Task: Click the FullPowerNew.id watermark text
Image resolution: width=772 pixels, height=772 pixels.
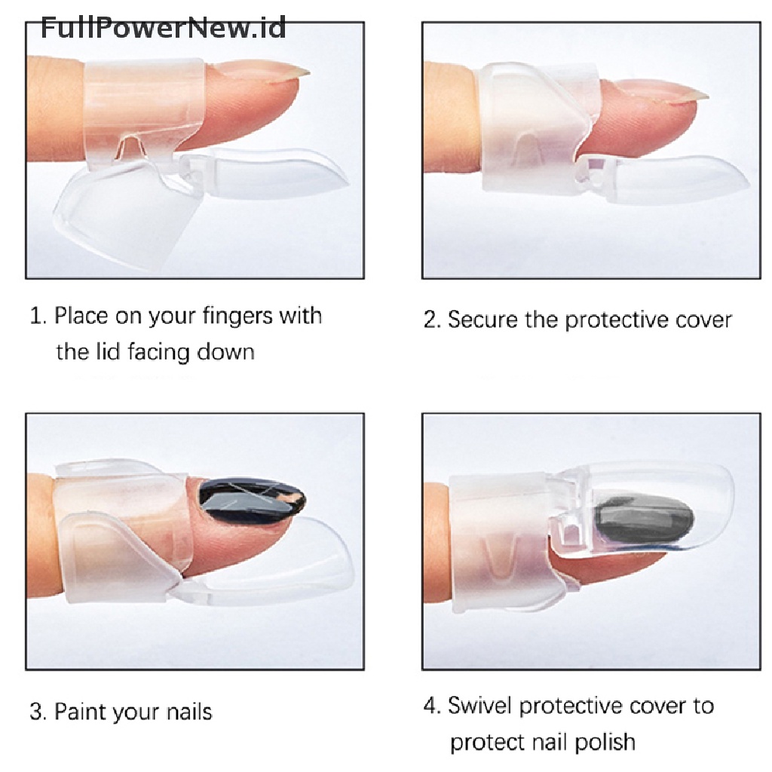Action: [x=163, y=27]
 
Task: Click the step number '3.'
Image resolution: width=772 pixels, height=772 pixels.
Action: [x=38, y=712]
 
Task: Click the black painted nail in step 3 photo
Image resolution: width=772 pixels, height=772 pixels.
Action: [x=251, y=499]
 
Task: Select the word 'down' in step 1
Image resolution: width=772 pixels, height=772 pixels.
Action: [x=225, y=352]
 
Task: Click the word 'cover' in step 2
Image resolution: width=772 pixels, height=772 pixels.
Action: [x=703, y=320]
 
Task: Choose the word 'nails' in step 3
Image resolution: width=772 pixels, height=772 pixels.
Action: [x=189, y=712]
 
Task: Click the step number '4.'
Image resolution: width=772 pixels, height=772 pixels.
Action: [x=432, y=706]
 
